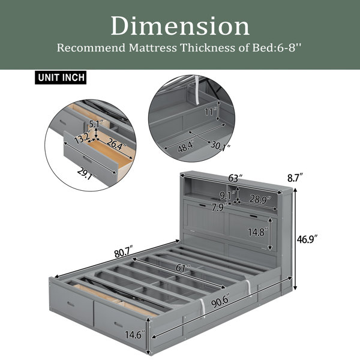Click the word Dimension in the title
click(x=180, y=26)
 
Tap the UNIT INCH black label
click(x=61, y=77)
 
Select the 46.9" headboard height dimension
click(x=307, y=239)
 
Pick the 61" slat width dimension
click(x=183, y=268)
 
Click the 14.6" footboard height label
click(x=135, y=335)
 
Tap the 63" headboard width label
click(x=235, y=178)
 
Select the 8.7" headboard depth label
click(x=295, y=178)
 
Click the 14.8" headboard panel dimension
click(x=258, y=232)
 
